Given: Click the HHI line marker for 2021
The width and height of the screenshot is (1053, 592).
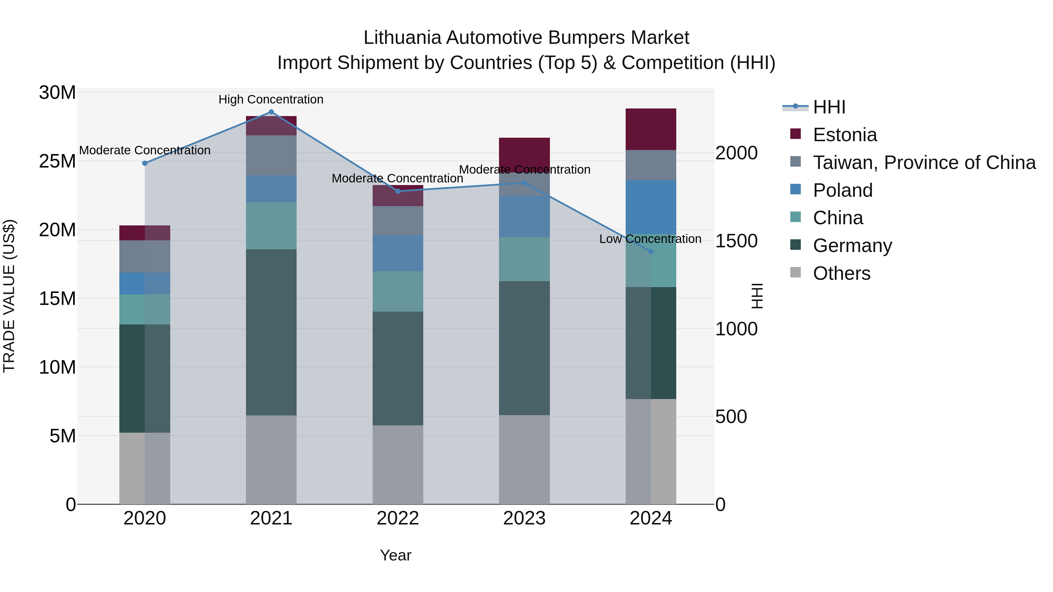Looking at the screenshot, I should [x=271, y=112].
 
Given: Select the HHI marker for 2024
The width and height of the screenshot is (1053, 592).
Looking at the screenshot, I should [x=651, y=251].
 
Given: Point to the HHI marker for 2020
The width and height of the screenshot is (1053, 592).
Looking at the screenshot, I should [x=145, y=163].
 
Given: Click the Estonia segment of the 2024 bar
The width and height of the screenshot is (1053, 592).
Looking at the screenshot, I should [x=651, y=129].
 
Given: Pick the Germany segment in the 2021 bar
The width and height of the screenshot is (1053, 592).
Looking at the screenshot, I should [x=271, y=332].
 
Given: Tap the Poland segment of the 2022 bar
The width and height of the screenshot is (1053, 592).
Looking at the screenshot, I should [x=398, y=253].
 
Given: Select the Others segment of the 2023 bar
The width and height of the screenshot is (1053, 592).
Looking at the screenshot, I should [x=524, y=460].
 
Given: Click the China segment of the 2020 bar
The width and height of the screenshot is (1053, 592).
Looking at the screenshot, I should [x=145, y=309].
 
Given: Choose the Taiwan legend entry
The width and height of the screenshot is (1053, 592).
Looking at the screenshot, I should [x=924, y=163].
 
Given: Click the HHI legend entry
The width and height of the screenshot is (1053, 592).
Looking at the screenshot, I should [x=829, y=107].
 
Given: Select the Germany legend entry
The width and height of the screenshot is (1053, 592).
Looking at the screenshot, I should [x=852, y=246].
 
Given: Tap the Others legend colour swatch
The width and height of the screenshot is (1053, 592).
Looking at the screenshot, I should [x=796, y=272].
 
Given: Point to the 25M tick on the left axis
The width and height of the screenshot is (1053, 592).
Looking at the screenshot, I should [x=57, y=161].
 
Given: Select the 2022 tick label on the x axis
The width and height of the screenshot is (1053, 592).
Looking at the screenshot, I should [x=398, y=518].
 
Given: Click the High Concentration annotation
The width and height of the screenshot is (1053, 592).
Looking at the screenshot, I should [x=271, y=99].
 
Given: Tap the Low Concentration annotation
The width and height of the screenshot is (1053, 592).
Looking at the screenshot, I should [x=650, y=239].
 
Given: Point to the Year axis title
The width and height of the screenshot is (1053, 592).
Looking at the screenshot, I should [x=395, y=555].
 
